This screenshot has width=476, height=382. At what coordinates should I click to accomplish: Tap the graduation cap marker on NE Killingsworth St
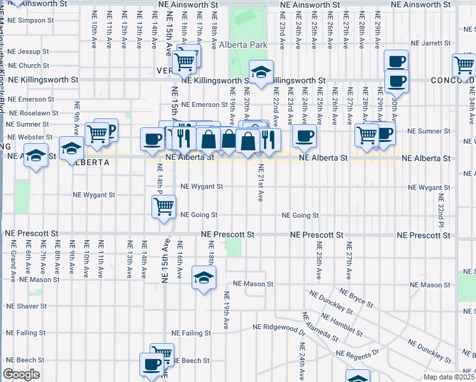(x=261, y=73)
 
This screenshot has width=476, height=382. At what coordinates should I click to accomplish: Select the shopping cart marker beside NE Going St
(x=164, y=206)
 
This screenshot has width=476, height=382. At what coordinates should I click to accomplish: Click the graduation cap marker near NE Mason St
(x=204, y=278)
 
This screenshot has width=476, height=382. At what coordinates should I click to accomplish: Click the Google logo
(x=21, y=374)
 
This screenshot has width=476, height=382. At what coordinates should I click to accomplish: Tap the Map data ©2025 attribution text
(x=448, y=377)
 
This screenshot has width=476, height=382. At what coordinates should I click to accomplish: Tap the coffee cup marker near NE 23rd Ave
(x=304, y=135)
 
